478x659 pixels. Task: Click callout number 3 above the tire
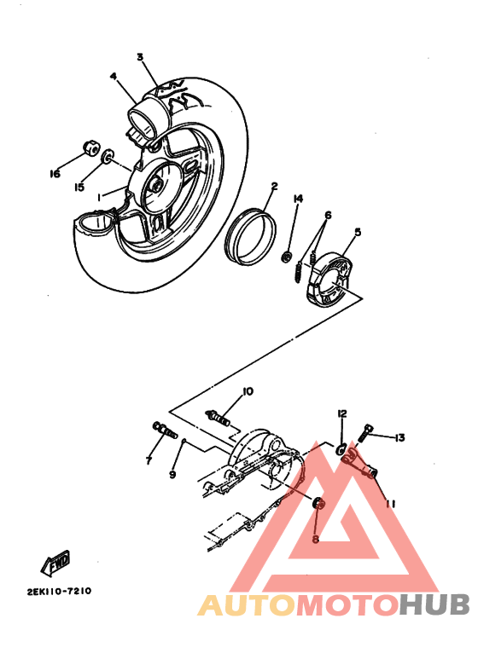(x=139, y=57)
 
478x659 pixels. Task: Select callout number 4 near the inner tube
(x=112, y=76)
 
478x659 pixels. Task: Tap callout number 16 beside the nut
(x=55, y=174)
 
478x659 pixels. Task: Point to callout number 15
(x=79, y=187)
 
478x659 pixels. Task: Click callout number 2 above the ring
(x=275, y=186)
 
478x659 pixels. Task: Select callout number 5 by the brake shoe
(x=358, y=231)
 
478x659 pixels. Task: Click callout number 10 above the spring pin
(x=248, y=391)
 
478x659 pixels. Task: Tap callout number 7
(x=148, y=460)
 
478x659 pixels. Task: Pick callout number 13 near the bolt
(x=399, y=437)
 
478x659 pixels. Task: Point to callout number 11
(x=391, y=504)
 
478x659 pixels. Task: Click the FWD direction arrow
(x=56, y=563)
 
